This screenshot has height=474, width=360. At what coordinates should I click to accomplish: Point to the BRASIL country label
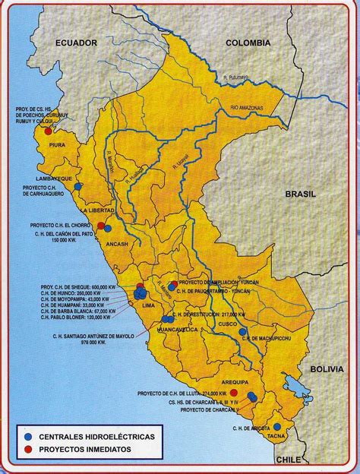(x=301, y=194)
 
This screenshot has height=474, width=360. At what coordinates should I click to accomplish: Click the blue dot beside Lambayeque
(x=77, y=186)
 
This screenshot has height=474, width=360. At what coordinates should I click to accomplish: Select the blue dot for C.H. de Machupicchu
(x=242, y=331)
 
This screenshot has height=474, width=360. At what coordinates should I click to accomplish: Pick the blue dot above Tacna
(x=278, y=427)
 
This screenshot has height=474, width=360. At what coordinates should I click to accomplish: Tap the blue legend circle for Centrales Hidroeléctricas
(x=28, y=438)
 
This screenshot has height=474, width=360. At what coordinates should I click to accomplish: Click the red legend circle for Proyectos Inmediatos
(x=28, y=450)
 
